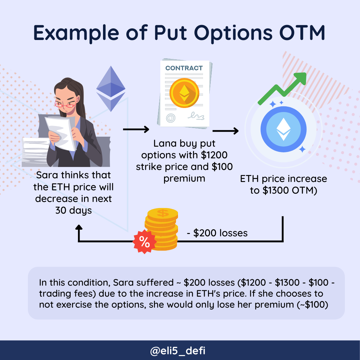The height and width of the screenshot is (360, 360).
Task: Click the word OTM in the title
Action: pos(302,33)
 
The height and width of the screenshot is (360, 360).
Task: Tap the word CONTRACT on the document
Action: pos(184,68)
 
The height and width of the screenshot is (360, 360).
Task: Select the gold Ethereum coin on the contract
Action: pos(184,93)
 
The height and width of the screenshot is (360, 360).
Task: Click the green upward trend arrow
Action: pos(282,88)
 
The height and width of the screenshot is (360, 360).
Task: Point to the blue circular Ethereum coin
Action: pos(284,129)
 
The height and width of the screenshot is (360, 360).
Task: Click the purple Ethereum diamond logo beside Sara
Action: pos(111,89)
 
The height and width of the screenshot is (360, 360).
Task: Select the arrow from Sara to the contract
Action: pos(136,129)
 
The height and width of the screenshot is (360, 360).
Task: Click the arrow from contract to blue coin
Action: pos(225,131)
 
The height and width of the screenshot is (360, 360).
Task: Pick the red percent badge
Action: pos(144,242)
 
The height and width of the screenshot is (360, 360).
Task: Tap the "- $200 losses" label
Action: pos(217,233)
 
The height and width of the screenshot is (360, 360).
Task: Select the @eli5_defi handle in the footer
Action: pos(178,351)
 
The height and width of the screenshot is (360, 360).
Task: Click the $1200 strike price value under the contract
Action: pos(214,155)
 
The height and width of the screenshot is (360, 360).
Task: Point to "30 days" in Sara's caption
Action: pos(73,210)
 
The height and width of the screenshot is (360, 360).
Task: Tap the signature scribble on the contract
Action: pos(196,116)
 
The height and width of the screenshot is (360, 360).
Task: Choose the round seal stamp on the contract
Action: pos(171,118)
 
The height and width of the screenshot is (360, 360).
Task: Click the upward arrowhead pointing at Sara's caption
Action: pos(79,227)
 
